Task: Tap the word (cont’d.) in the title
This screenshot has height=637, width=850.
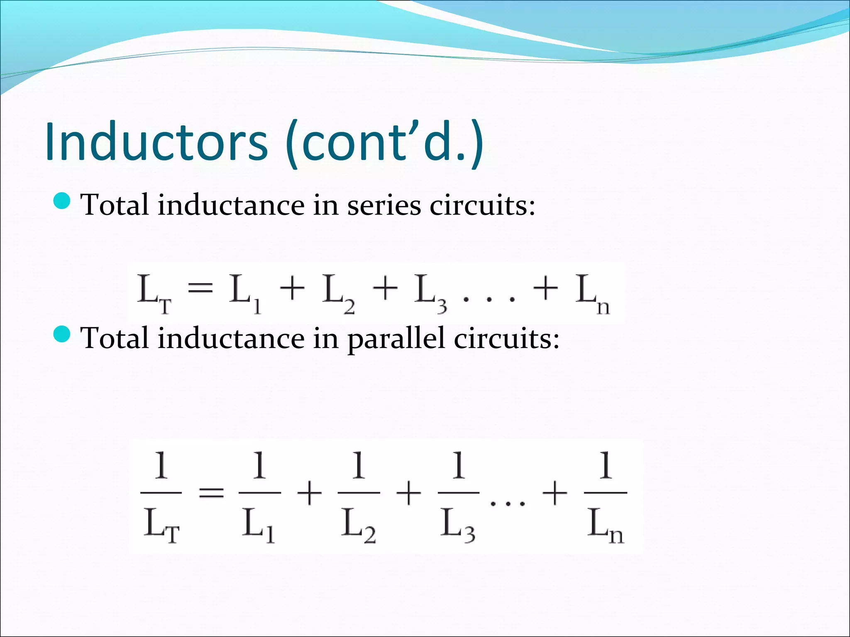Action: click(x=384, y=142)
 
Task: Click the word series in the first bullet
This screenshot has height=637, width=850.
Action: click(x=384, y=205)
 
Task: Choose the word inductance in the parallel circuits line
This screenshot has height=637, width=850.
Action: click(x=231, y=338)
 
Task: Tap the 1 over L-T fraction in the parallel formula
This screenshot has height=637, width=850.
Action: click(x=161, y=495)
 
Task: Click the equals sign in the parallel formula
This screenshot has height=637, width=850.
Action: click(x=211, y=493)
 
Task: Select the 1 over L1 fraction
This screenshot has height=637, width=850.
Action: click(x=259, y=495)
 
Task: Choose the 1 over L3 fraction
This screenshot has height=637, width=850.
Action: click(x=458, y=495)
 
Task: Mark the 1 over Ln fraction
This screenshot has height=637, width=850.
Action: click(x=606, y=495)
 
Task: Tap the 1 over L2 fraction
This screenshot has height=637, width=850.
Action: click(x=359, y=495)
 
